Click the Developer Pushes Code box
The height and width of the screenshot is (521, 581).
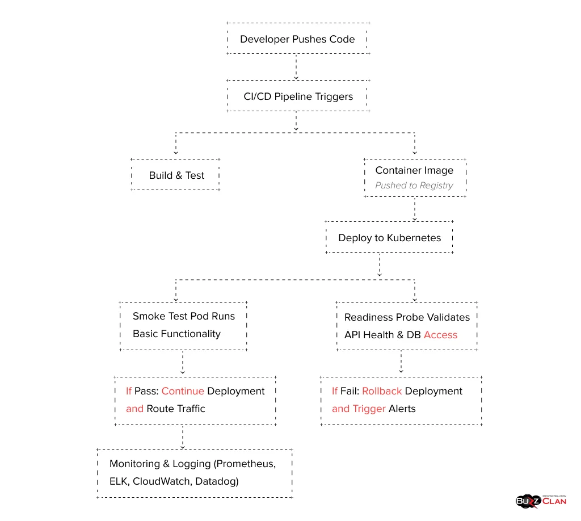(x=297, y=39)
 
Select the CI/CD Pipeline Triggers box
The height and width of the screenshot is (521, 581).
(x=298, y=96)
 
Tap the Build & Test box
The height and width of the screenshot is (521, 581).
(x=176, y=175)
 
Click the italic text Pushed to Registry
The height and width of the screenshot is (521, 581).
(x=414, y=186)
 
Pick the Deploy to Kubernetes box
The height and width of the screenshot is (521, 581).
(x=389, y=238)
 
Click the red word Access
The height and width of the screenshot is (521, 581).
(x=440, y=335)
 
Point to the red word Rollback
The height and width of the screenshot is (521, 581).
(x=382, y=391)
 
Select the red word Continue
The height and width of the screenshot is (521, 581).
(x=183, y=391)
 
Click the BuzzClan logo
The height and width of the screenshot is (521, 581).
(x=541, y=500)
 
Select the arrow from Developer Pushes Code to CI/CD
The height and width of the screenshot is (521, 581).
(x=296, y=68)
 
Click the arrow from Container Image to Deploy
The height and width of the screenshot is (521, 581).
(x=415, y=209)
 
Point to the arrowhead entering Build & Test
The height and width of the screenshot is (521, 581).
(x=176, y=152)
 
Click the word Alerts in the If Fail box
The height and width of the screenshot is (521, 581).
(x=402, y=409)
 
